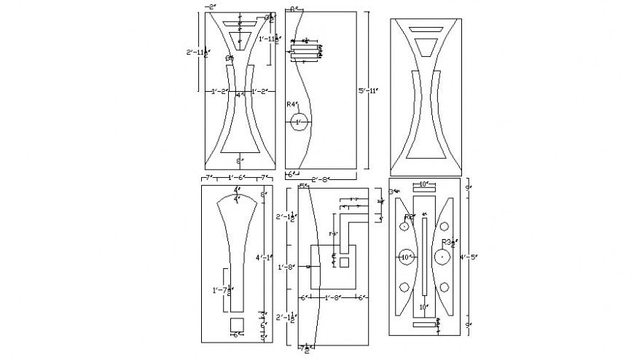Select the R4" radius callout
(292, 105)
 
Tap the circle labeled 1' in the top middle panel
(298, 122)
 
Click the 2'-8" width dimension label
(322, 178)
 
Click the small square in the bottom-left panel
(237, 324)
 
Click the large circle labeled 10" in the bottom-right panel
(406, 257)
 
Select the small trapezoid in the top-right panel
(427, 48)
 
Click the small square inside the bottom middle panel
(344, 262)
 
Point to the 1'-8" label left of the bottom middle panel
(286, 267)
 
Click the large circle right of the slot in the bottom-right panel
(442, 257)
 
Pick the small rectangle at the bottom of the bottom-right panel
(423, 326)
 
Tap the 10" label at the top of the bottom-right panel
(423, 185)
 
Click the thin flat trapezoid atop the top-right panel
(427, 29)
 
